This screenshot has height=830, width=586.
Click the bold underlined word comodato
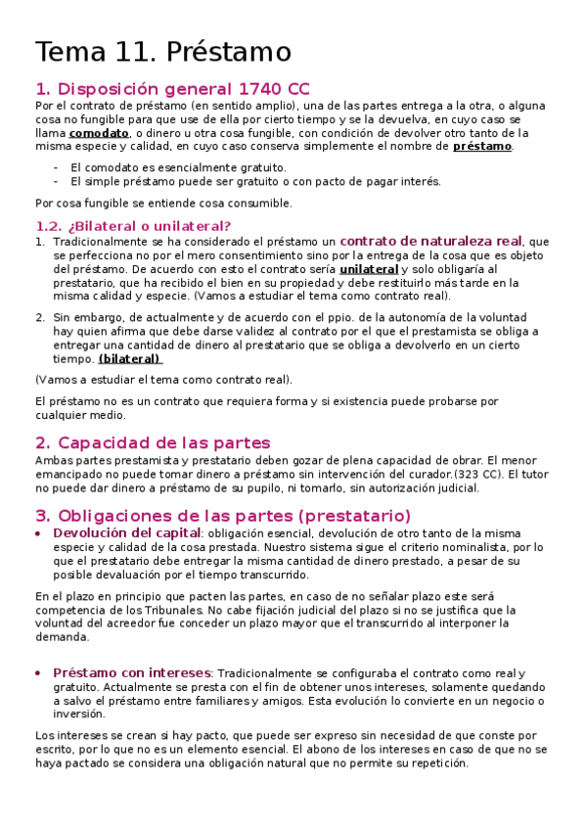[99, 133]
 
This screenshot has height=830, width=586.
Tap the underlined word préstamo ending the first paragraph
[482, 147]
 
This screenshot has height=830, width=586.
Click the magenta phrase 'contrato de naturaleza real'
[430, 241]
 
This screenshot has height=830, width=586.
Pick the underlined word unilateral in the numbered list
[369, 269]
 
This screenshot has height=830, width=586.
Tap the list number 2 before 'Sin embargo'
[39, 317]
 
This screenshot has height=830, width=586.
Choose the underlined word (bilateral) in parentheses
[130, 358]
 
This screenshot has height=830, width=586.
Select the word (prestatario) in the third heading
[354, 515]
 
